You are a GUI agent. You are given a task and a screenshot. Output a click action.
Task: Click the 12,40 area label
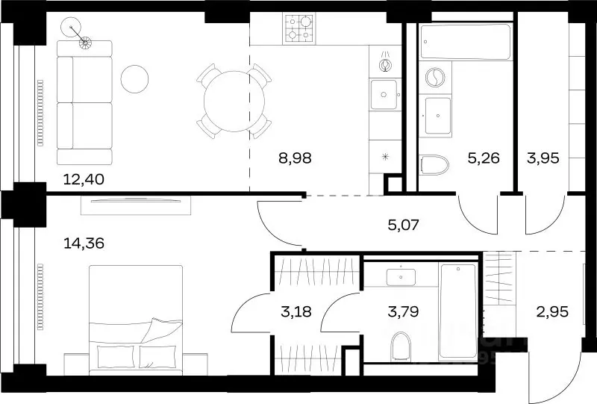point(84,179)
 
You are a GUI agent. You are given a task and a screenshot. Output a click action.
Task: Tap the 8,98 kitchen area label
point(295,158)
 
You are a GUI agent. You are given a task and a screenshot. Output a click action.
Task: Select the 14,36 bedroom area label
point(84,243)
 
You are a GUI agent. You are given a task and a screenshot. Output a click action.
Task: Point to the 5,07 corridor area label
point(403,225)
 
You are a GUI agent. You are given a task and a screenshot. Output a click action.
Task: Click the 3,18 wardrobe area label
point(296,311)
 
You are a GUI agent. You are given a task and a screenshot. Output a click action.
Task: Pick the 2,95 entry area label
point(552,311)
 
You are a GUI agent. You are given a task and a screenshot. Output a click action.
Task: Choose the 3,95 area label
point(543,158)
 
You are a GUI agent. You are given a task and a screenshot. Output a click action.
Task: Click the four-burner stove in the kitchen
point(299,28)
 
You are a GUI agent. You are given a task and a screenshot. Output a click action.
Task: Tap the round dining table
point(234,101)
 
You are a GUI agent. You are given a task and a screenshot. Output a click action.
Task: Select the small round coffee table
point(134,79)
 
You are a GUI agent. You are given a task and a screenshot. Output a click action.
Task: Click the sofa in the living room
point(84,102)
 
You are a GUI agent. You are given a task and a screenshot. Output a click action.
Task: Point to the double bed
point(136,320)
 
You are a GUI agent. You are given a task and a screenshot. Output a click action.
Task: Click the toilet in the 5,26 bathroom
point(434,164)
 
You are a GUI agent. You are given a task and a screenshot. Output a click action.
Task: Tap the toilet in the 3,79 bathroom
point(401,346)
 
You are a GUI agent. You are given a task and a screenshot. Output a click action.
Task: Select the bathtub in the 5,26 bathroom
point(465,42)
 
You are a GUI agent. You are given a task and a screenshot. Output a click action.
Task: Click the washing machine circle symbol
point(434,78)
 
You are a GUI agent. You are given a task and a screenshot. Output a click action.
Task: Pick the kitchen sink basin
point(384,94)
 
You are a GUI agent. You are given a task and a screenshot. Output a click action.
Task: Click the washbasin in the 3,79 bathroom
point(401,277)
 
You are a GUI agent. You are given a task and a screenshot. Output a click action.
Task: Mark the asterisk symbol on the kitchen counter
point(385,156)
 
